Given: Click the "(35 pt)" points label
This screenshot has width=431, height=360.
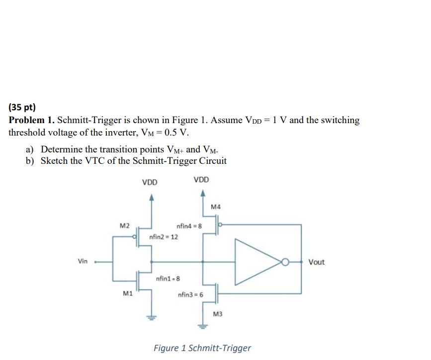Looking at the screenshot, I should click(x=22, y=107).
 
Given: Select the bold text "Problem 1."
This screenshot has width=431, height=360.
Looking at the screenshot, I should click(x=32, y=121).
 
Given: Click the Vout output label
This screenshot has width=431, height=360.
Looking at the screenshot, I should click(x=316, y=262).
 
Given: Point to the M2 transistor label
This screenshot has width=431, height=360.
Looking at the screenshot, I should click(x=125, y=226).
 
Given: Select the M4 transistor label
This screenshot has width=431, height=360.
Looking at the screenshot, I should click(x=215, y=207).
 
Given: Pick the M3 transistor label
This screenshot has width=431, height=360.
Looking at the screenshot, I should click(x=218, y=314).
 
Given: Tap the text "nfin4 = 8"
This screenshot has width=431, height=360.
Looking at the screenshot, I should click(x=189, y=226).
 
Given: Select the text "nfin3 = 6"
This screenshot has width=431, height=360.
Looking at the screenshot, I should click(x=190, y=295).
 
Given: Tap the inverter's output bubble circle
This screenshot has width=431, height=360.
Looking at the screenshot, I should click(x=285, y=262).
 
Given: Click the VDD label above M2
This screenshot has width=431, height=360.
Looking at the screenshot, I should click(x=150, y=183).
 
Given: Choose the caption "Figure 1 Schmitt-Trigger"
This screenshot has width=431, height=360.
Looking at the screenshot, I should click(x=202, y=348).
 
